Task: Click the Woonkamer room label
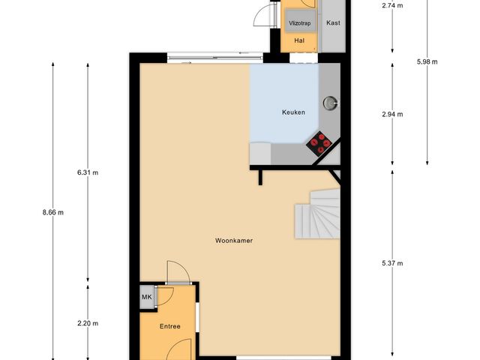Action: tap(232, 241)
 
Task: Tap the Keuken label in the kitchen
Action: tap(293, 112)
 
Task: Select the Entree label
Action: tap(169, 326)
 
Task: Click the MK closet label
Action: tap(146, 297)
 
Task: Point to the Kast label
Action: tap(333, 22)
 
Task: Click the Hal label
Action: tap(299, 40)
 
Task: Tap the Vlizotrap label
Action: tap(299, 23)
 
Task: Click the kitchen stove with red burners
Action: tap(321, 142)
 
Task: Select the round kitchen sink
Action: tap(330, 103)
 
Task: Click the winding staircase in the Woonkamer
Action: tap(318, 213)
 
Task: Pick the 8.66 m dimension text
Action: tap(53, 212)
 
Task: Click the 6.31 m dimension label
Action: tap(88, 172)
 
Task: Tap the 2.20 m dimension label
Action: tap(88, 323)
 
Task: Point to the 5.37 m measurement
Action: tap(392, 263)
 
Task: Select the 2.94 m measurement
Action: tap(392, 114)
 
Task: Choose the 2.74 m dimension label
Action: tap(392, 5)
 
